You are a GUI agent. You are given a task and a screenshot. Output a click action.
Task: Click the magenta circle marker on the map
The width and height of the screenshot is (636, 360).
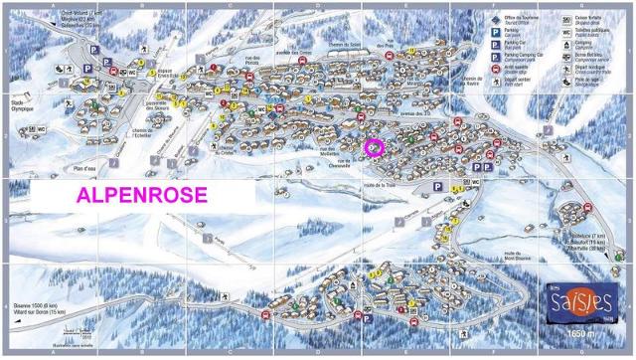coord(374,148)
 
